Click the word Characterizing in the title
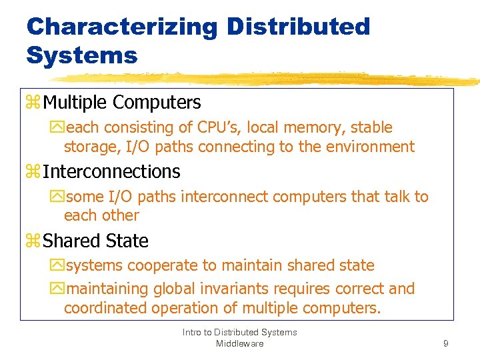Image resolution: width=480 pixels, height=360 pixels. (x=122, y=27)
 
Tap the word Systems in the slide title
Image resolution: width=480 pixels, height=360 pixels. (x=81, y=55)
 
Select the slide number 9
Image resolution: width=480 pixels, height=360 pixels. (x=445, y=344)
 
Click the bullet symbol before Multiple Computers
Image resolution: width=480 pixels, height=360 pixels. (x=33, y=103)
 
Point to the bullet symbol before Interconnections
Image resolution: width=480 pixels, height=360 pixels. (x=33, y=172)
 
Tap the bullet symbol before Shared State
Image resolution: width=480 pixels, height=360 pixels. (x=33, y=241)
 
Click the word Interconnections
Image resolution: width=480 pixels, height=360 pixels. (x=111, y=172)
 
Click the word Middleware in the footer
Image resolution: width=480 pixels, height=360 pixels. (x=240, y=343)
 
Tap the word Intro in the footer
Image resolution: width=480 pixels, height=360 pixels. (x=193, y=332)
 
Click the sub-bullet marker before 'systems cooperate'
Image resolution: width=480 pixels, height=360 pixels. (x=57, y=266)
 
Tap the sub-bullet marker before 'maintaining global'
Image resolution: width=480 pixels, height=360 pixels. (x=57, y=289)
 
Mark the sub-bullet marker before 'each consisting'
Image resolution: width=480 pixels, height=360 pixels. (x=57, y=128)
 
